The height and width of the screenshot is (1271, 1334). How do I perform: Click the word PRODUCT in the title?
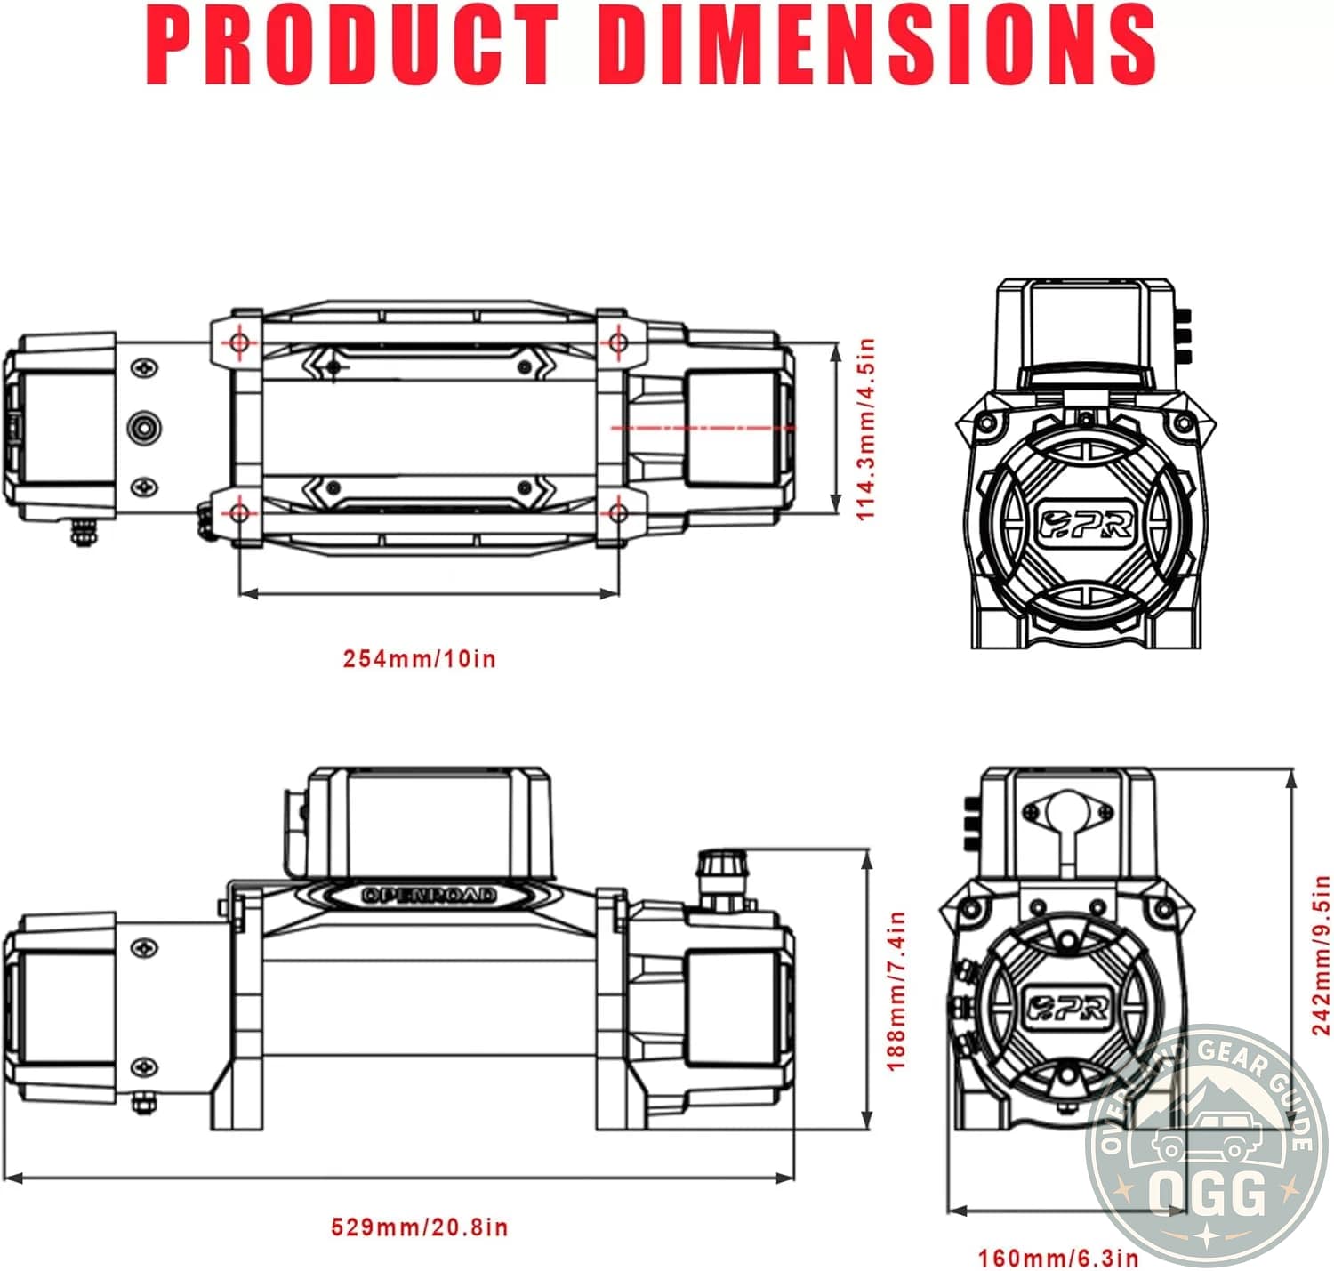click(352, 44)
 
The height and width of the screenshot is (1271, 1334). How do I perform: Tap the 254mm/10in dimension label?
click(420, 659)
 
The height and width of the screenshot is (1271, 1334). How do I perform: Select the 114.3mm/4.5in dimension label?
click(865, 429)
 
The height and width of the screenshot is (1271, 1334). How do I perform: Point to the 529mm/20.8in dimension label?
click(420, 1227)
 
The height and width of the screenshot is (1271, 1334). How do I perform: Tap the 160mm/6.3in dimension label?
click(1058, 1258)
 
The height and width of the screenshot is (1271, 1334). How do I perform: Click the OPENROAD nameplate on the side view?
click(430, 895)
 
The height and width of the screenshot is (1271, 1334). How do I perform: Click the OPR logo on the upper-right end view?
click(1086, 525)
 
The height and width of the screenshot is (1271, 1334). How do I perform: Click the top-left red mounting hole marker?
click(238, 342)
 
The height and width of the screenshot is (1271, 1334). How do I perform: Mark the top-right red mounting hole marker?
click(619, 342)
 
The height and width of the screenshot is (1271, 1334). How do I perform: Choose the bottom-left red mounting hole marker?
click(238, 513)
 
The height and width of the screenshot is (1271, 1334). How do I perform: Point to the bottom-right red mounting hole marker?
click(619, 513)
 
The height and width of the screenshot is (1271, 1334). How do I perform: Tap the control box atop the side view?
click(429, 823)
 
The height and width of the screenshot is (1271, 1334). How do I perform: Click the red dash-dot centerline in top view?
click(703, 428)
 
